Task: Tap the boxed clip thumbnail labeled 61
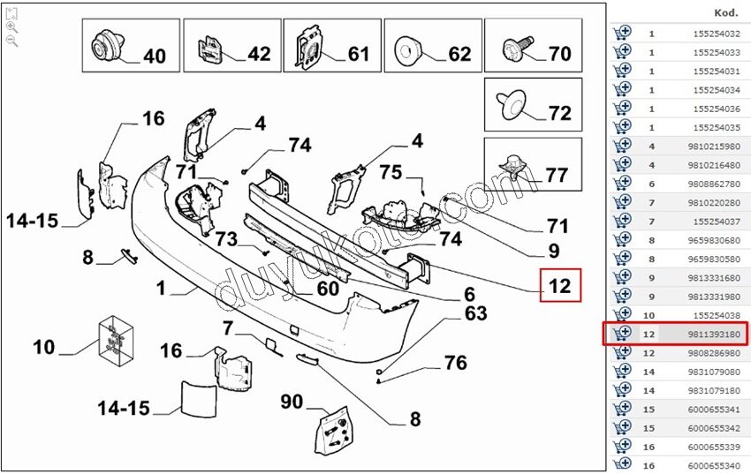pos(331,46)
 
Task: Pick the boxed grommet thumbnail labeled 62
pos(432,46)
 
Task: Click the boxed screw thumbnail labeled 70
pos(533,46)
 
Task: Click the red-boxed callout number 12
pos(560,286)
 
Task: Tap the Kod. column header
pos(726,13)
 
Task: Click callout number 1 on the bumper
pos(161,288)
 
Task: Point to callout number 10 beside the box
pos(44,347)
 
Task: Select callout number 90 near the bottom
pos(292,403)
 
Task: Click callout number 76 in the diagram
pos(455,363)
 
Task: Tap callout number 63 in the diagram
pos(475,313)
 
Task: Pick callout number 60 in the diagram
pos(328,289)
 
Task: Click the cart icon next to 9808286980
pos(622,352)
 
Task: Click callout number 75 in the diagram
pos(391,173)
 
